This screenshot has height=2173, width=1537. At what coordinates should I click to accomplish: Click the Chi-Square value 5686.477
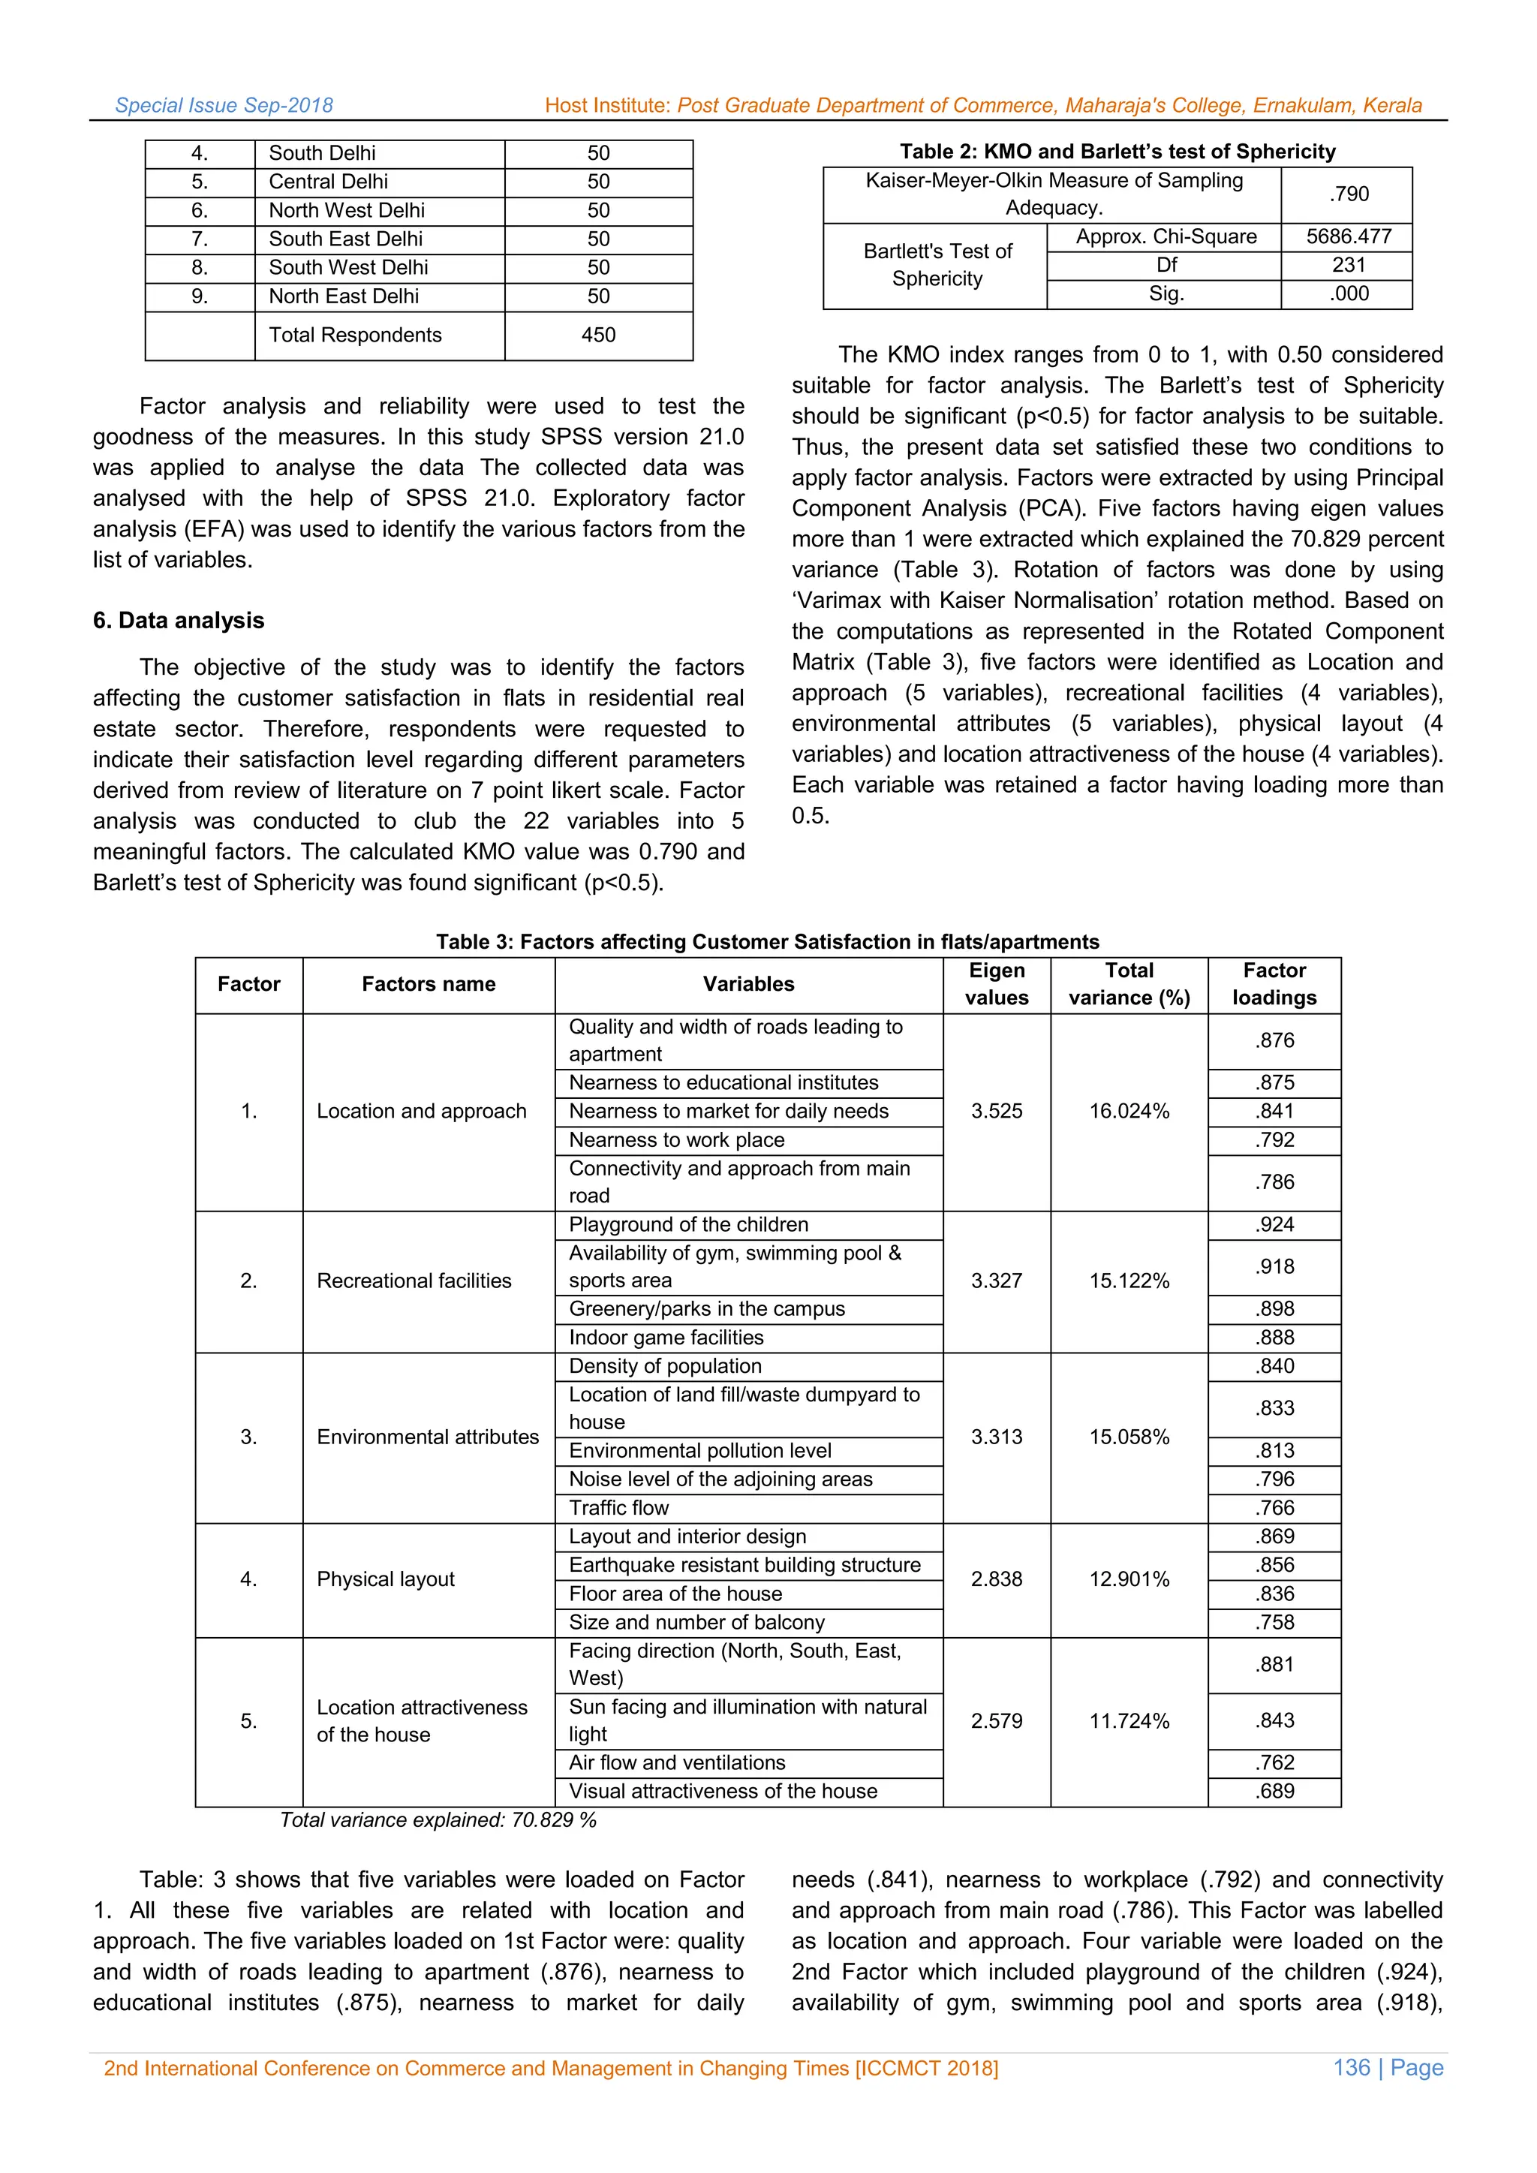[x=1348, y=236]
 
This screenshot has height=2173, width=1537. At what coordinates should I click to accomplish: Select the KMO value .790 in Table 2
[x=1348, y=194]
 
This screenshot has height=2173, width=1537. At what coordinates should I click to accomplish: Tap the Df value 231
[x=1348, y=265]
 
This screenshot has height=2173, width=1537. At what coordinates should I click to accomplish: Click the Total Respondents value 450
[x=598, y=335]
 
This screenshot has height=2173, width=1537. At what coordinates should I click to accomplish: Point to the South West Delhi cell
[x=348, y=268]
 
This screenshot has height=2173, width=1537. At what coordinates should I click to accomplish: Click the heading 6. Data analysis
[x=179, y=621]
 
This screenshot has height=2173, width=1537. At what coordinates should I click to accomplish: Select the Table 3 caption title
[x=768, y=942]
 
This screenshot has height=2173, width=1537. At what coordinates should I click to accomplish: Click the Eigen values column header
[x=997, y=984]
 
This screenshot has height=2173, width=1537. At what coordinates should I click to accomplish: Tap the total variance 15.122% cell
[x=1129, y=1281]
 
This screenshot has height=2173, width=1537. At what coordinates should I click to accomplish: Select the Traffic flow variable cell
[x=619, y=1508]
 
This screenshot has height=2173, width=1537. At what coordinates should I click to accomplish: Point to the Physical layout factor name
[x=385, y=1579]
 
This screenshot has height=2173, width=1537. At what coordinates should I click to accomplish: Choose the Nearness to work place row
[x=677, y=1140]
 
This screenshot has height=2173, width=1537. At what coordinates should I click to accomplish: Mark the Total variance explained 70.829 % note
[x=438, y=1820]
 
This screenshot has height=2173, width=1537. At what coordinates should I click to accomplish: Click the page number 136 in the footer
[x=1352, y=2068]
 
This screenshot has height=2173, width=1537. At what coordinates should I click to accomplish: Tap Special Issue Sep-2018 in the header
[x=224, y=106]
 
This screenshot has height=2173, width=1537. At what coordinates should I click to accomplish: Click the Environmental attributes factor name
[x=428, y=1437]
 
